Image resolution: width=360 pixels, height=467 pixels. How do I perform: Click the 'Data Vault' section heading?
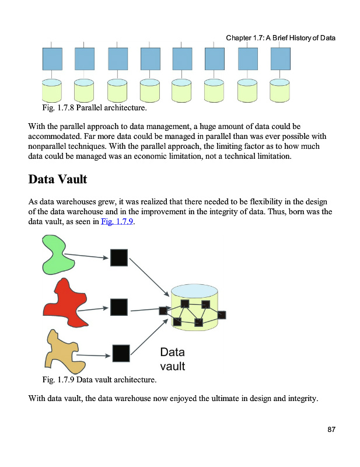pos(58,179)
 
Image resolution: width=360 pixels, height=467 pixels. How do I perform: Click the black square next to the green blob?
pos(119,257)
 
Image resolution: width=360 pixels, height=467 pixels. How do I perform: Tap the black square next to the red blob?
pos(119,307)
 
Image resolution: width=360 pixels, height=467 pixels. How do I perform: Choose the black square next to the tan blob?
pos(121,353)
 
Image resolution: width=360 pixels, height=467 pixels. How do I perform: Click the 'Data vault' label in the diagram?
pos(172,359)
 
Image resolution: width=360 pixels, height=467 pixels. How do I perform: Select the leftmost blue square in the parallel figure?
pos(53,59)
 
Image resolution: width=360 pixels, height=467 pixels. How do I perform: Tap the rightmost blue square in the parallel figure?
pos(280,59)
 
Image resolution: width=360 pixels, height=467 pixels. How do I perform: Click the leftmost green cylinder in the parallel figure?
pos(53,90)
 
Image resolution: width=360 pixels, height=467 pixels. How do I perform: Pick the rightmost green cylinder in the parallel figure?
pos(280,90)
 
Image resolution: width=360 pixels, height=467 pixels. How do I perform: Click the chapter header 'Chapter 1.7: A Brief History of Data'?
pos(281,39)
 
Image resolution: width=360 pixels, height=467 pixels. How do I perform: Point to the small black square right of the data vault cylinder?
pos(221,315)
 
